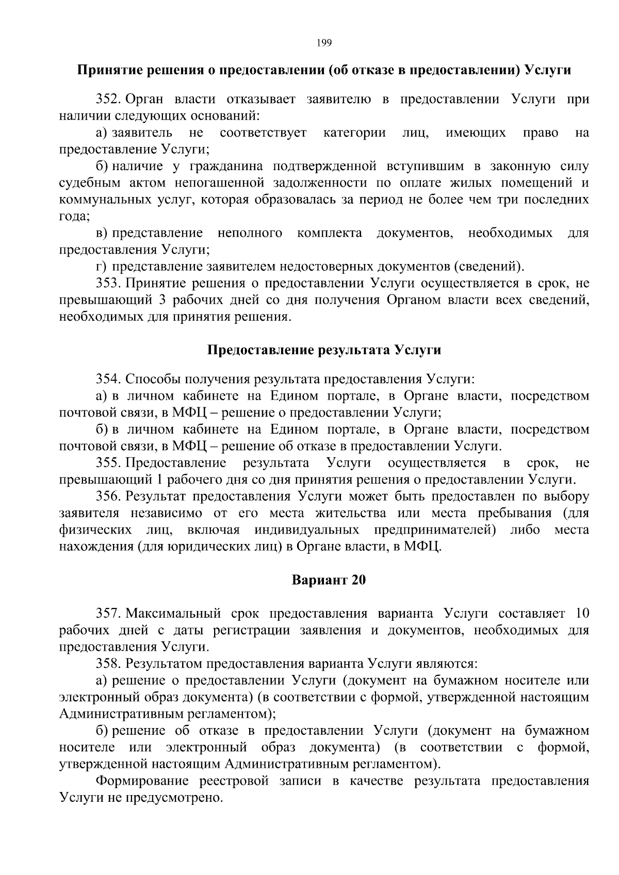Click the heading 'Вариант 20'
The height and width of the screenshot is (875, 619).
click(329, 580)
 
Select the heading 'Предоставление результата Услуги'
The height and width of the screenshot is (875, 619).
click(324, 350)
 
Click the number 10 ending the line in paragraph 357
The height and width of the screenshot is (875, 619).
click(581, 614)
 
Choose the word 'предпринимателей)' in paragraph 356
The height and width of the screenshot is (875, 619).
click(435, 530)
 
